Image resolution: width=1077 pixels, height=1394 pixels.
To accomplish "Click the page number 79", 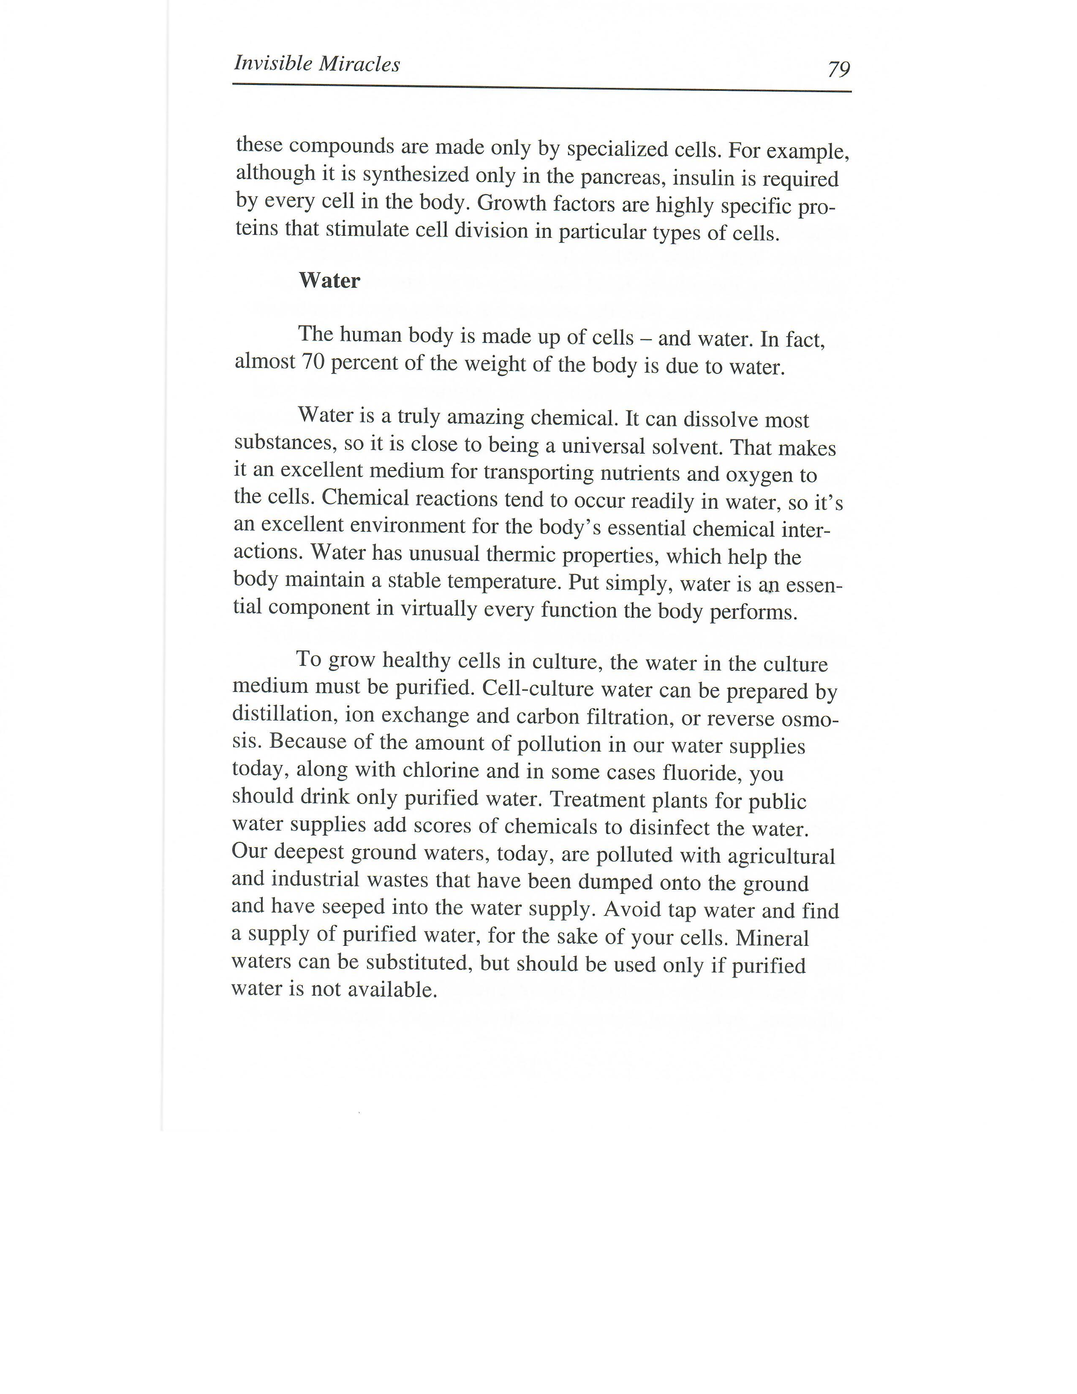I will click(x=838, y=68).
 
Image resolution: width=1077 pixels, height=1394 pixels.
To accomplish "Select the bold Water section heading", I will click(x=329, y=280).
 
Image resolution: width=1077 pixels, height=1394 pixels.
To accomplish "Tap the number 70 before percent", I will click(x=313, y=362).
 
